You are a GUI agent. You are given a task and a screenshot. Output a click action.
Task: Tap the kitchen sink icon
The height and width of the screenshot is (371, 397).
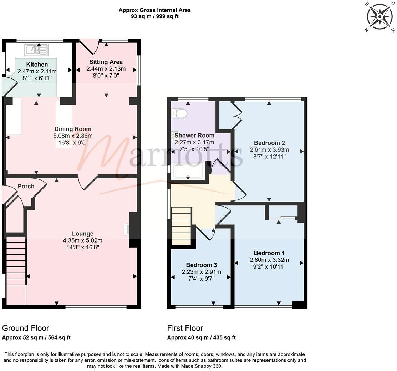(x=36, y=50)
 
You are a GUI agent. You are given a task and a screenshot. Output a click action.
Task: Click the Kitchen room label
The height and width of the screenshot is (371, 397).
(x=37, y=65)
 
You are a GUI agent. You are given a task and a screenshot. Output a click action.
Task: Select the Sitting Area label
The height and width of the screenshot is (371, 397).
(x=106, y=62)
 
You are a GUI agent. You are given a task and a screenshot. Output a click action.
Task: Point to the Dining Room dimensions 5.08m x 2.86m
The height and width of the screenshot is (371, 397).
(x=73, y=136)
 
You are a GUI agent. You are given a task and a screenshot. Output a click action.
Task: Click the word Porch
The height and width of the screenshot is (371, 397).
(x=26, y=186)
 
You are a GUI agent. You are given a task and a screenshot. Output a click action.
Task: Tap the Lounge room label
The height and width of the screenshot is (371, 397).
(x=83, y=234)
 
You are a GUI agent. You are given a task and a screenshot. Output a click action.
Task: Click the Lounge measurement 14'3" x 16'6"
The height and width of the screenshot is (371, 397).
(x=83, y=247)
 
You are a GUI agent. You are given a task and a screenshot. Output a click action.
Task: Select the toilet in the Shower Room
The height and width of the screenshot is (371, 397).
(x=179, y=113)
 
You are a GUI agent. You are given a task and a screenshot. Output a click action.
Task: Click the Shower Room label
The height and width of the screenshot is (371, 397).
(x=194, y=135)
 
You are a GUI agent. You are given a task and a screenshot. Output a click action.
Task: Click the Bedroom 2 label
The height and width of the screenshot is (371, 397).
(x=269, y=143)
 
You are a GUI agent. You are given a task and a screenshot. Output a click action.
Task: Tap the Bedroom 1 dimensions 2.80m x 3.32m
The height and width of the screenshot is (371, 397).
(x=269, y=260)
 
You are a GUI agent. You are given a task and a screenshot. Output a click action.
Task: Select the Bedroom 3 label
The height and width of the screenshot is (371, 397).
(x=202, y=265)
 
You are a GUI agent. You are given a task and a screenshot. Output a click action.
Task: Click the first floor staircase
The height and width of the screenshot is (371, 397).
(x=182, y=226)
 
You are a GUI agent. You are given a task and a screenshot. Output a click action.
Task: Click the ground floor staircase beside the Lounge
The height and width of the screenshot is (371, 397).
(x=16, y=260)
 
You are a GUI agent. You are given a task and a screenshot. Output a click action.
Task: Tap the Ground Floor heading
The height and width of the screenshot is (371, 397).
(x=26, y=328)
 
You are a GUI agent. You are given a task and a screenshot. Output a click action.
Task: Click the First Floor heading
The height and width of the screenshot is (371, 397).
(x=185, y=328)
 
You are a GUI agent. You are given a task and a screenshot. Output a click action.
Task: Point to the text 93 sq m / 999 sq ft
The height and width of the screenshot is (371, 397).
(x=155, y=16)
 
